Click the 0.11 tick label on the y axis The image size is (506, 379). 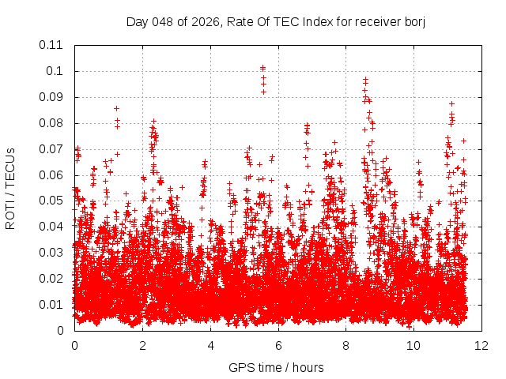click(x=51, y=45)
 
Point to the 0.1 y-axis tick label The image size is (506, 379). click(x=57, y=71)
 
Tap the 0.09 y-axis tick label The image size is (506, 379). click(x=51, y=97)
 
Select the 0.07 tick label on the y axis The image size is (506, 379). click(x=51, y=148)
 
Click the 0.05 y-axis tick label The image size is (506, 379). click(x=51, y=201)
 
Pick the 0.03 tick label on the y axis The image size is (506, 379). click(x=51, y=253)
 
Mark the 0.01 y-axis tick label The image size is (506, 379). click(x=51, y=305)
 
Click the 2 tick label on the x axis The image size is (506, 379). click(x=142, y=346)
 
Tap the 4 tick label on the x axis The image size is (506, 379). click(x=210, y=346)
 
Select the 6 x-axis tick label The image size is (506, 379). click(x=278, y=346)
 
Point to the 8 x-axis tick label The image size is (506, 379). click(x=346, y=346)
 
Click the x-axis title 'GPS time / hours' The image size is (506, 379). click(x=276, y=367)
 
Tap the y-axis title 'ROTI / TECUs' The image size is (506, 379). click(x=10, y=188)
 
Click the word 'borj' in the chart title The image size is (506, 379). click(x=414, y=21)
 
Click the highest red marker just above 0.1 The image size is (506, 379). click(x=262, y=68)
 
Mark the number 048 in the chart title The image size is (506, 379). click(x=160, y=21)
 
